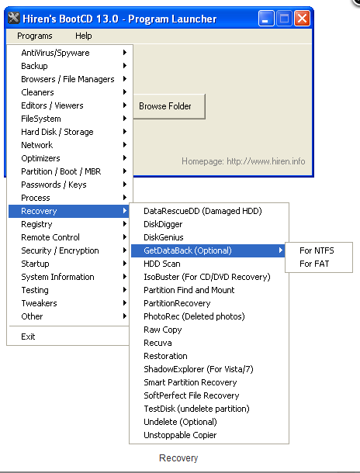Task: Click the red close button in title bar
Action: coord(302,19)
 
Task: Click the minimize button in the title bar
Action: coord(266,19)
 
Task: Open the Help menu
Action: coord(84,36)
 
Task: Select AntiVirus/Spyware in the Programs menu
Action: coord(55,53)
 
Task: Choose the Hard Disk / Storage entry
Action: coord(57,132)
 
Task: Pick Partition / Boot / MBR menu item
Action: coord(61,171)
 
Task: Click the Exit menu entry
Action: coord(28,337)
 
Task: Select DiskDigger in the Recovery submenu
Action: coord(163,224)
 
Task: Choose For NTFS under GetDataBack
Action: coord(317,250)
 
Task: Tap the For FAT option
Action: coord(314,264)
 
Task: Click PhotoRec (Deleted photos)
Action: coord(194,316)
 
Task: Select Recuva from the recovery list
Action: coord(157,343)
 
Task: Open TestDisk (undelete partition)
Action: coord(196,409)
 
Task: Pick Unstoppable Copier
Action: coord(180,435)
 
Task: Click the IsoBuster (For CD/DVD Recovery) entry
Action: coord(207,277)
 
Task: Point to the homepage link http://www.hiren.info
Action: coord(266,161)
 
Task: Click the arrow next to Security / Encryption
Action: coord(125,250)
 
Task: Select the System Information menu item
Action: coord(57,277)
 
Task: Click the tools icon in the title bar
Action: coord(14,18)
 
